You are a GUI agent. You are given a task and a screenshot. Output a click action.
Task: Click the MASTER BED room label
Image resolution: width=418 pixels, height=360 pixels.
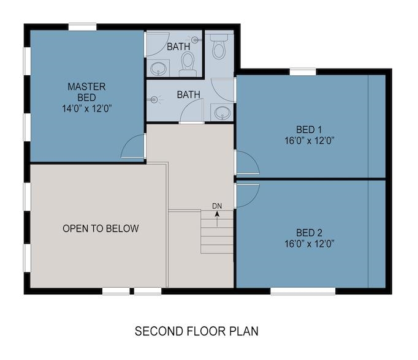pyautogui.click(x=86, y=92)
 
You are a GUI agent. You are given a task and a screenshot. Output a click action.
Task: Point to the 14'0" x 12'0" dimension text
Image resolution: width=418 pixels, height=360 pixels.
pyautogui.click(x=86, y=108)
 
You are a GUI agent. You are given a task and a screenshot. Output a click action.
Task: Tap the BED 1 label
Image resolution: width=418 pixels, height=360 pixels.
pyautogui.click(x=309, y=130)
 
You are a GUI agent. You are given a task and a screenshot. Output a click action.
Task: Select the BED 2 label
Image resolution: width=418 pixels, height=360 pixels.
pyautogui.click(x=310, y=233)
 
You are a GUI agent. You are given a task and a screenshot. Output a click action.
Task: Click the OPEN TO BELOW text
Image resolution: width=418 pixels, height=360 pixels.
pyautogui.click(x=101, y=228)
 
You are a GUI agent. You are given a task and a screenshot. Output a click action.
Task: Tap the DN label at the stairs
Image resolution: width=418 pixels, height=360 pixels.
pyautogui.click(x=217, y=206)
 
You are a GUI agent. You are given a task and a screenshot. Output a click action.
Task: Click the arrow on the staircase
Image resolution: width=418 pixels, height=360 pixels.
pyautogui.click(x=217, y=219)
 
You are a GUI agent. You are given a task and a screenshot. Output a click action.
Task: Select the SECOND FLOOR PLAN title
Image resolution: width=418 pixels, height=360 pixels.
pyautogui.click(x=197, y=331)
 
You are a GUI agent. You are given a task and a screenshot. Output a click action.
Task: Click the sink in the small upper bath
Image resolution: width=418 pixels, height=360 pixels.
pyautogui.click(x=158, y=69)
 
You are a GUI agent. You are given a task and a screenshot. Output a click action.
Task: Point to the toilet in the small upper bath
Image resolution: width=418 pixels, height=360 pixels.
pyautogui.click(x=188, y=64)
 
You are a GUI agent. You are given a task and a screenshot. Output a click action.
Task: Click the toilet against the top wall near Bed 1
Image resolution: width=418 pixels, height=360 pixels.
pyautogui.click(x=219, y=47)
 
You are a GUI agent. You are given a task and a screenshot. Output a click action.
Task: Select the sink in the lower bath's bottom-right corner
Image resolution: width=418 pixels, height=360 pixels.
pyautogui.click(x=222, y=113)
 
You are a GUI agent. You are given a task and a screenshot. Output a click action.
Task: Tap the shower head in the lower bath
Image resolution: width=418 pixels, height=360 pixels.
pyautogui.click(x=154, y=100)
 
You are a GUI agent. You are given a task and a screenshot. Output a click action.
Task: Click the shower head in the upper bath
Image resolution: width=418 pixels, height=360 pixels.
pyautogui.click(x=195, y=40)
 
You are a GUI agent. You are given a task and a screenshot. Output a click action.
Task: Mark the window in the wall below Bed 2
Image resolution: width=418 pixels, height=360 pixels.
pyautogui.click(x=303, y=291)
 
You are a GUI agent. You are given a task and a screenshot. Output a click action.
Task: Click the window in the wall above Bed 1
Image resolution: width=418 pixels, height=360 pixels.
pyautogui.click(x=303, y=72)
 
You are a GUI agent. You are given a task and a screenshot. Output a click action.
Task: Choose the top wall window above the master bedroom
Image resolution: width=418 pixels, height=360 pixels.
pyautogui.click(x=82, y=27)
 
